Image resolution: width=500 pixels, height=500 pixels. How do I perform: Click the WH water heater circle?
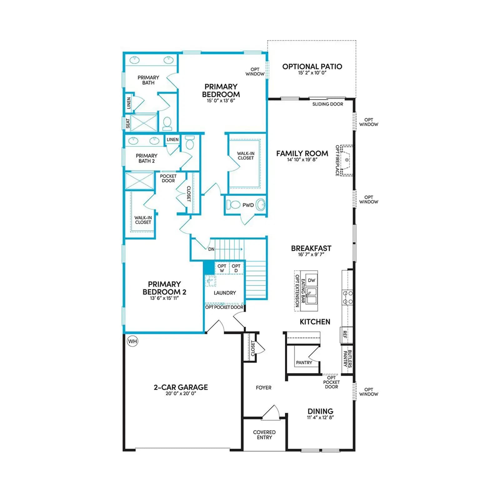click(x=132, y=341)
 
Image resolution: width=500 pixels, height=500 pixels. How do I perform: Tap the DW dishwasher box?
click(x=312, y=280)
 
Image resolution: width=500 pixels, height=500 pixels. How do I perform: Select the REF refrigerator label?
click(x=345, y=335)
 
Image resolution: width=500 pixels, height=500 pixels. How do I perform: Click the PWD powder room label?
click(x=248, y=205)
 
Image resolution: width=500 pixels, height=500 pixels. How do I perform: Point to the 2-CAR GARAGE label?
click(x=181, y=387)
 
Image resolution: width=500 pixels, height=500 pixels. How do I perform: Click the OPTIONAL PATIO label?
click(x=312, y=67)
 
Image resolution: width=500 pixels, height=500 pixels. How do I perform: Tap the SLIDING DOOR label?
click(x=328, y=104)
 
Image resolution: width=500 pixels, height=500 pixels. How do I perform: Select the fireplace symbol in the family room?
click(x=347, y=160)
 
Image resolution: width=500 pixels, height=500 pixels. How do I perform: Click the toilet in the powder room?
click(x=232, y=205)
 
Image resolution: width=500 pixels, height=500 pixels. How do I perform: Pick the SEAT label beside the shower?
click(x=128, y=123)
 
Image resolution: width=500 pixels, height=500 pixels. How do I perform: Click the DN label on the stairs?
click(x=211, y=249)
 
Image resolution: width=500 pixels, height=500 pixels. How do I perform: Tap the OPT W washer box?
click(x=222, y=268)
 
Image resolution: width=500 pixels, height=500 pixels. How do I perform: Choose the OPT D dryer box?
click(x=236, y=268)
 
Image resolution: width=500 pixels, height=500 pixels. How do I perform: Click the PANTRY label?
click(x=304, y=362)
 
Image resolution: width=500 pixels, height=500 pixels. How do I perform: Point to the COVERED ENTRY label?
click(x=264, y=435)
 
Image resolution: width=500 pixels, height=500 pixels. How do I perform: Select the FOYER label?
click(x=264, y=387)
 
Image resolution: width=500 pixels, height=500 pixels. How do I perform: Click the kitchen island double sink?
click(x=312, y=296)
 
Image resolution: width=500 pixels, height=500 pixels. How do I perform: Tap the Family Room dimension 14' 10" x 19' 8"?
click(x=302, y=160)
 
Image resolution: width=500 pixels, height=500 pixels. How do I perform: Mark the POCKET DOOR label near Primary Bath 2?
click(x=168, y=178)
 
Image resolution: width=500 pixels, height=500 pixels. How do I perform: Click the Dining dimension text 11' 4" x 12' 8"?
click(x=320, y=417)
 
